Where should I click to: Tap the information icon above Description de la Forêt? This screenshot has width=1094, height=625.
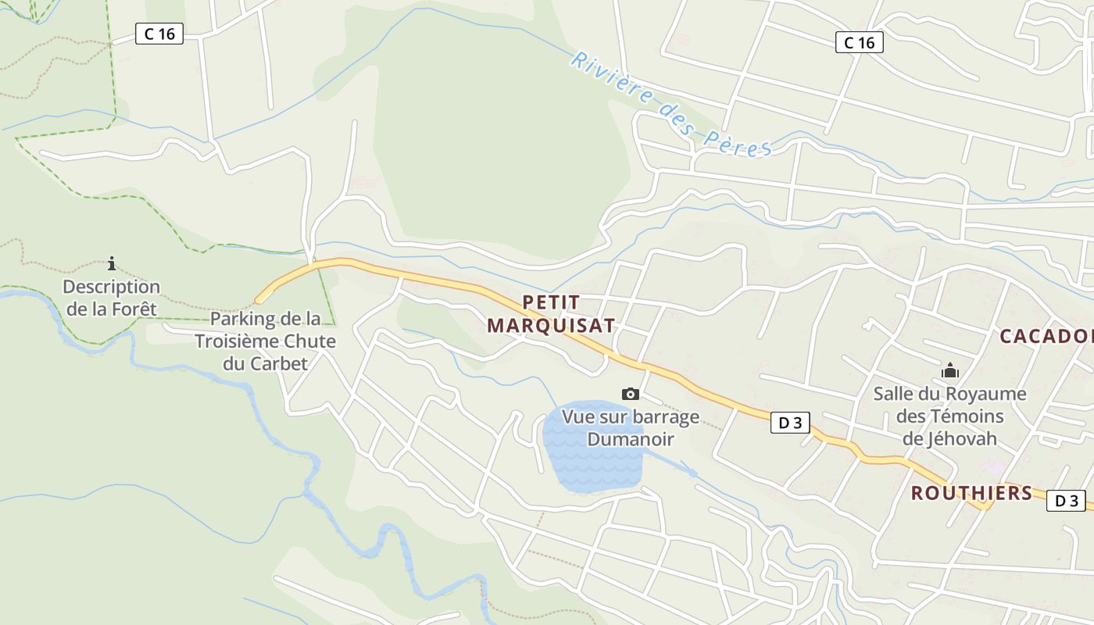pyautogui.click(x=112, y=263)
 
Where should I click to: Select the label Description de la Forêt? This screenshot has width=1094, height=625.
pyautogui.click(x=111, y=298)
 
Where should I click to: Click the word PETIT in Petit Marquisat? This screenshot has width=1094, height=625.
pyautogui.click(x=551, y=302)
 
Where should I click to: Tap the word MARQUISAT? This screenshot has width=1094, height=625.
pyautogui.click(x=551, y=326)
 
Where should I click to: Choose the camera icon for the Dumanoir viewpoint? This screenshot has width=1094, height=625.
pyautogui.click(x=630, y=394)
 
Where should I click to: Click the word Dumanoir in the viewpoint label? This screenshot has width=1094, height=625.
pyautogui.click(x=630, y=439)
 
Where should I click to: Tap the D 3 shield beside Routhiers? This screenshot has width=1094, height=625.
pyautogui.click(x=1066, y=501)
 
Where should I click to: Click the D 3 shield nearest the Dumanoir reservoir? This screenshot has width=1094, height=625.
pyautogui.click(x=789, y=423)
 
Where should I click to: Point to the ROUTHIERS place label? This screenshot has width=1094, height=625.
pyautogui.click(x=971, y=493)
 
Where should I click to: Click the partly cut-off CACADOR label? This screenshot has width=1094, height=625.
pyautogui.click(x=1046, y=337)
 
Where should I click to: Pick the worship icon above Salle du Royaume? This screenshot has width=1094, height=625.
pyautogui.click(x=950, y=370)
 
